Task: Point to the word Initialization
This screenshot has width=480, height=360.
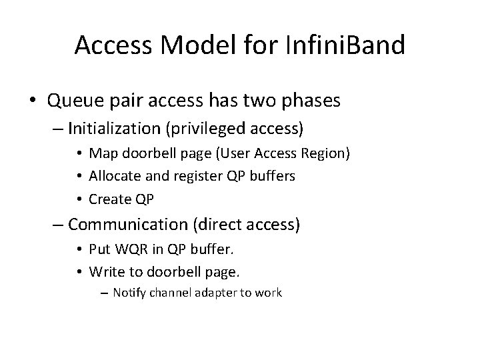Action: tap(117, 127)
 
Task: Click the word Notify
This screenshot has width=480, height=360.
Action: tap(130, 292)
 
